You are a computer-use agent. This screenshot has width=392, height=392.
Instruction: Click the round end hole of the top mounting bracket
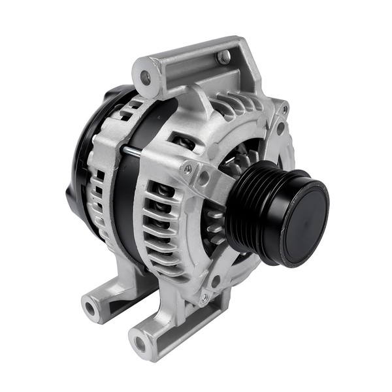click(x=145, y=78)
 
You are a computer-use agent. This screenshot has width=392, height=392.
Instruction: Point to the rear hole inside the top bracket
click(x=224, y=58)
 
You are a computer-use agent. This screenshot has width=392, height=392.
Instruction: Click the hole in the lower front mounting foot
click(x=139, y=341)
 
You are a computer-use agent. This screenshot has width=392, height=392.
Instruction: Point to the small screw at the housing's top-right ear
click(x=284, y=108)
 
